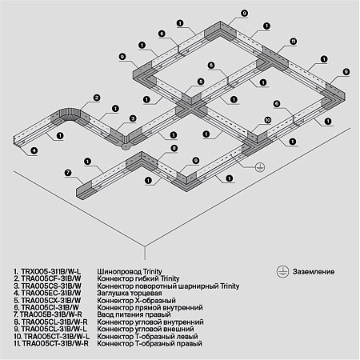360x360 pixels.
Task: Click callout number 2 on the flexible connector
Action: pyautogui.click(x=95, y=98)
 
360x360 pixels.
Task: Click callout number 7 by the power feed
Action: pyautogui.click(x=68, y=172)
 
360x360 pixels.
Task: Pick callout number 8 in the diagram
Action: pyautogui.click(x=173, y=149)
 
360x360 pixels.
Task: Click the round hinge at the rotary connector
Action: pyautogui.click(x=126, y=146)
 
